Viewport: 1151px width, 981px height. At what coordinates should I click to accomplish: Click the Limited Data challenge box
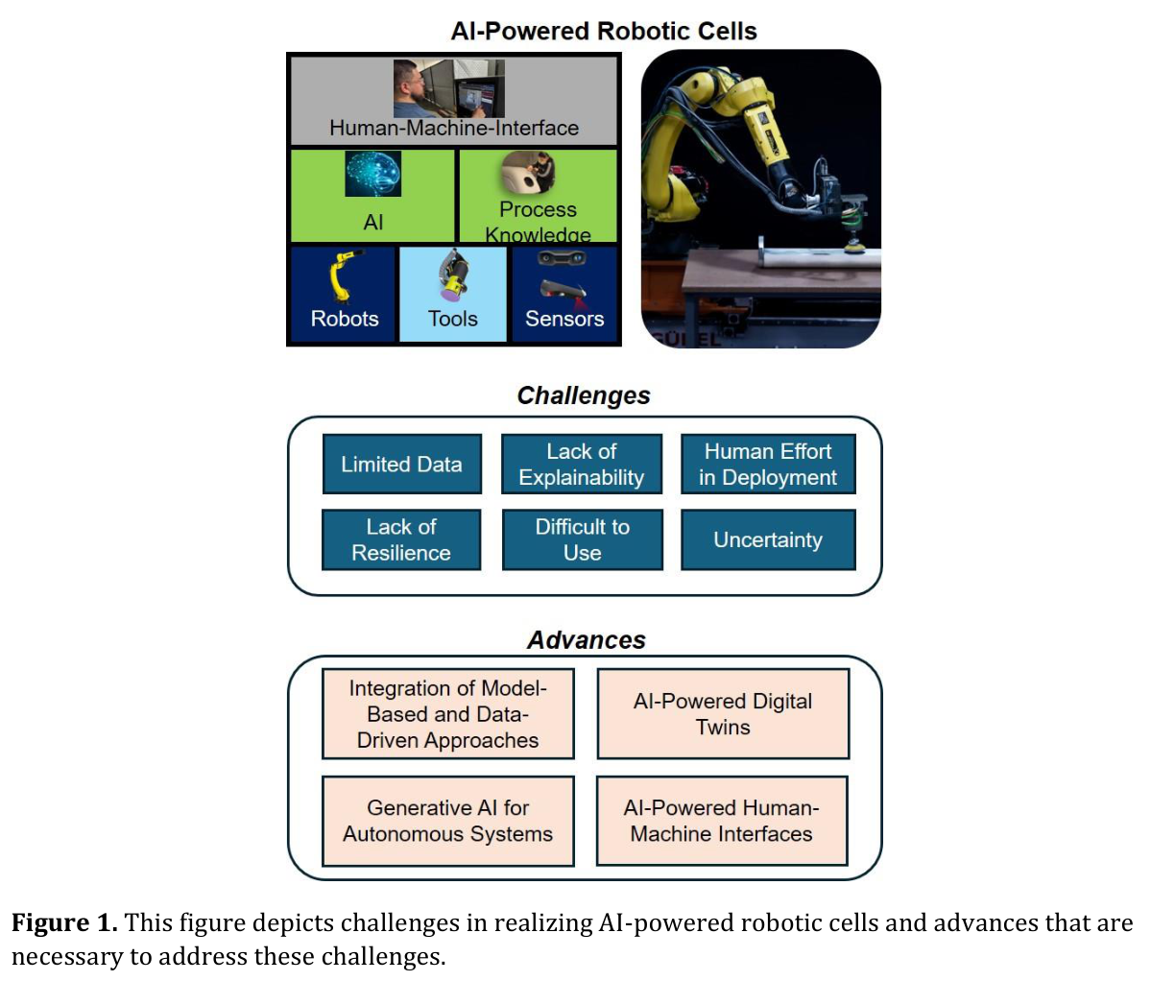pyautogui.click(x=401, y=464)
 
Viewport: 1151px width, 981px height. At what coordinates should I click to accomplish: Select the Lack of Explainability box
pyautogui.click(x=582, y=464)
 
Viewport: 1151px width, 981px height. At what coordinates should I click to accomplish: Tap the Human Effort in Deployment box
pyautogui.click(x=768, y=464)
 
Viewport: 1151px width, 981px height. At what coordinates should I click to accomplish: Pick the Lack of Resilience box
pyautogui.click(x=401, y=539)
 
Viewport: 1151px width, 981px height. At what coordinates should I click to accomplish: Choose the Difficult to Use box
pyautogui.click(x=582, y=539)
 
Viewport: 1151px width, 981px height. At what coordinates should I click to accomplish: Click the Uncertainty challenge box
pyautogui.click(x=768, y=539)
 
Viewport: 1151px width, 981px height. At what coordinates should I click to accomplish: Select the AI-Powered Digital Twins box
pyautogui.click(x=723, y=713)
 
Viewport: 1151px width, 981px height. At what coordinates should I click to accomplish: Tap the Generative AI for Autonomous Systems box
pyautogui.click(x=447, y=821)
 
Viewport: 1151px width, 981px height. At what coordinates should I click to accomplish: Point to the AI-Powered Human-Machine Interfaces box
pyautogui.click(x=722, y=821)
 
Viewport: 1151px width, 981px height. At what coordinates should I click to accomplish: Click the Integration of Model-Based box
pyautogui.click(x=447, y=713)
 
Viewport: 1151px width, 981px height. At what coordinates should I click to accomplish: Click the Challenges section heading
pyautogui.click(x=584, y=395)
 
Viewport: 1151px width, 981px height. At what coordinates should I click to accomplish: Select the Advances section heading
pyautogui.click(x=587, y=640)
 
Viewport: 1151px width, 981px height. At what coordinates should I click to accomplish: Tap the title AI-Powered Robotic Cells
pyautogui.click(x=604, y=31)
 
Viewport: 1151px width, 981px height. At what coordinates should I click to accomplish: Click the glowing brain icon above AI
pyautogui.click(x=372, y=174)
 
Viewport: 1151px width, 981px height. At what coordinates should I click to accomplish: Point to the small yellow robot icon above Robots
pyautogui.click(x=344, y=275)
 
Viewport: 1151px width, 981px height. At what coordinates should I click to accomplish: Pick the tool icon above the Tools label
pyautogui.click(x=454, y=275)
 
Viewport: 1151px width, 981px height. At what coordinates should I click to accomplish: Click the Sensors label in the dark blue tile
pyautogui.click(x=564, y=319)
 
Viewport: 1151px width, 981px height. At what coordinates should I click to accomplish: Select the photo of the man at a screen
pyautogui.click(x=449, y=88)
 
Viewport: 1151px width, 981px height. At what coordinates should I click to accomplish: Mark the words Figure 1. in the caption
pyautogui.click(x=64, y=922)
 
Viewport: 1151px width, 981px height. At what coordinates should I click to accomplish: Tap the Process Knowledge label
pyautogui.click(x=539, y=222)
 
